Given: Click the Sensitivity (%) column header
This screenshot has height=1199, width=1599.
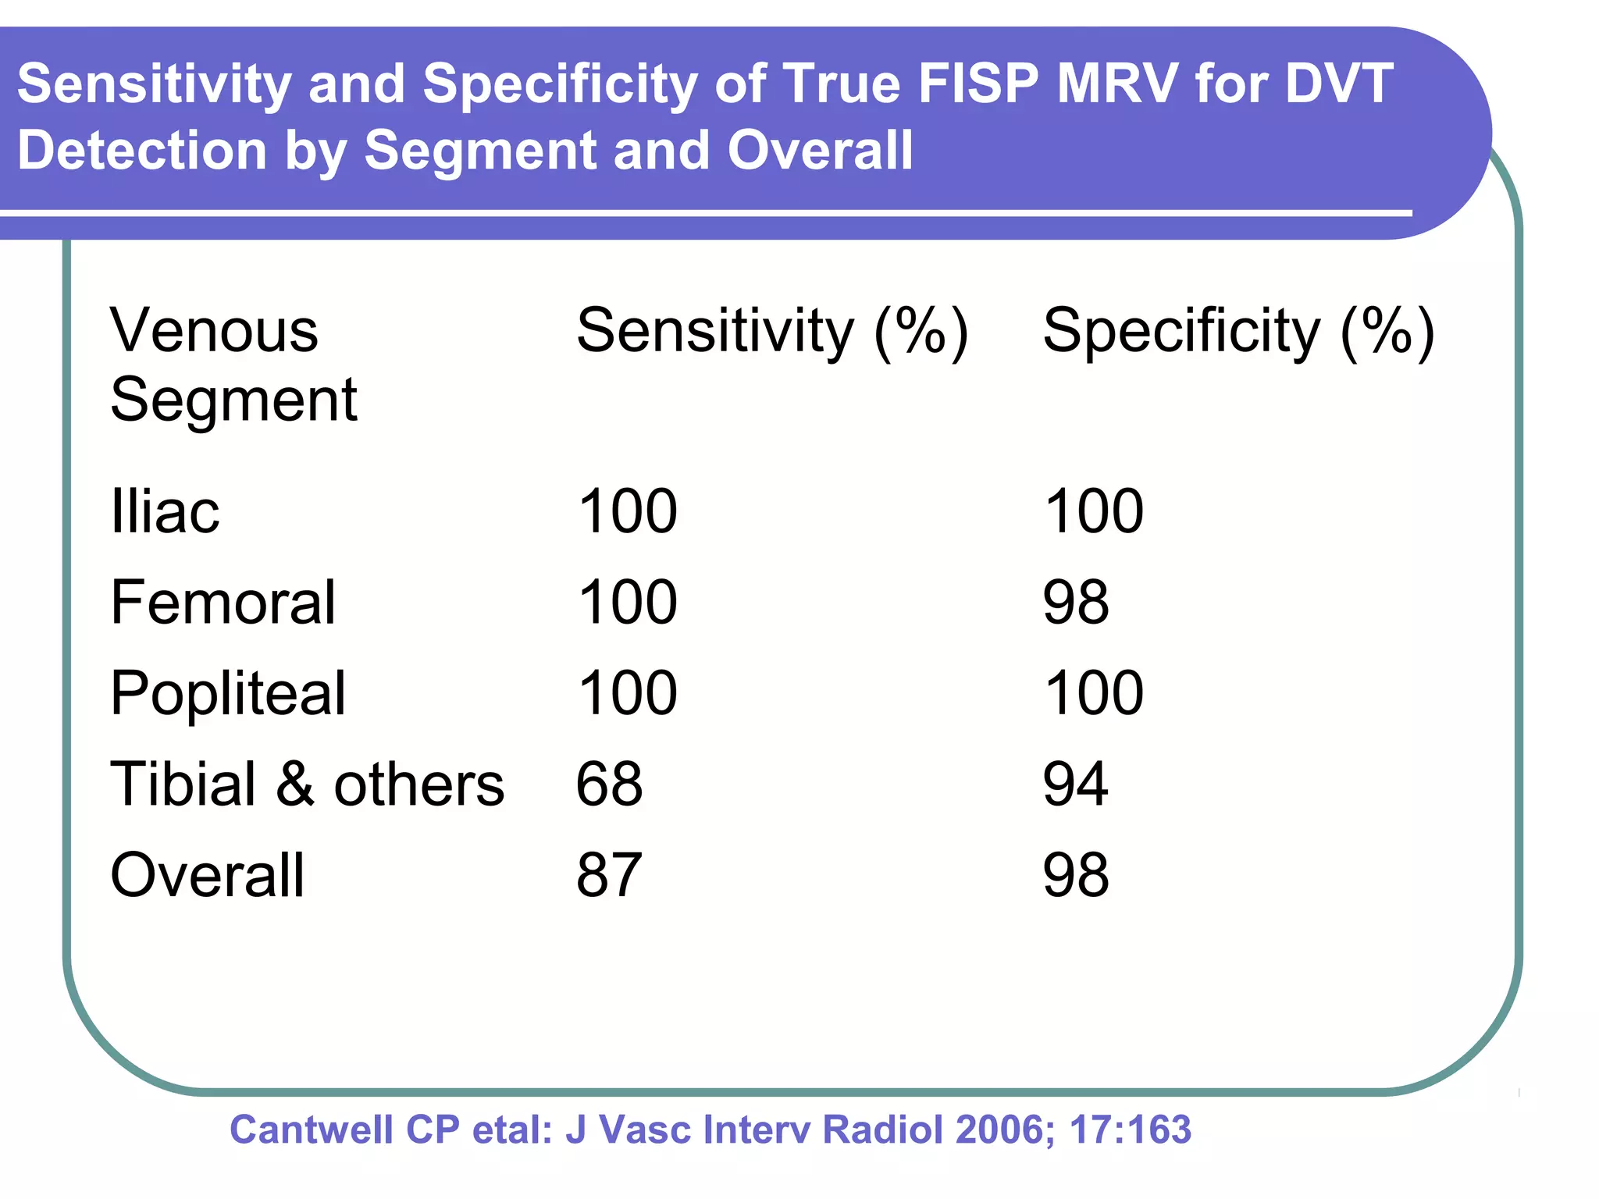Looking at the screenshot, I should click(771, 332).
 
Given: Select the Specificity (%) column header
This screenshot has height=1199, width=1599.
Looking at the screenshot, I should click(1238, 332).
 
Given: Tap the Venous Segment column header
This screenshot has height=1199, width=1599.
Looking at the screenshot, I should click(233, 365).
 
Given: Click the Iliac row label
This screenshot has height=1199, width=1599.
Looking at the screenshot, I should click(165, 511).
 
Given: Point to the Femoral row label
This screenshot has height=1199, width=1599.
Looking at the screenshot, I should click(223, 603).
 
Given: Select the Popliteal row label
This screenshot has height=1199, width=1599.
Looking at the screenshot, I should click(227, 693).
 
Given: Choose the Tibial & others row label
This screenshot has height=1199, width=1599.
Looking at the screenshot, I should click(307, 784).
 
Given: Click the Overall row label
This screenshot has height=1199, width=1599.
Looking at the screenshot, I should click(207, 875).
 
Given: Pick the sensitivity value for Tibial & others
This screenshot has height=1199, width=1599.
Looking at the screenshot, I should click(609, 784).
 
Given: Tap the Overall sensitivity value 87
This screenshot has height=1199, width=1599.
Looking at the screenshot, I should click(609, 875).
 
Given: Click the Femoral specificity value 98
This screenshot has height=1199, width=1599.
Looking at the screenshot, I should click(1075, 603).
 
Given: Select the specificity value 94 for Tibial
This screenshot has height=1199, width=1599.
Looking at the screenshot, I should click(1075, 784).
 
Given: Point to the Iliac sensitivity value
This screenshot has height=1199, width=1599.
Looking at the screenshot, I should click(627, 511).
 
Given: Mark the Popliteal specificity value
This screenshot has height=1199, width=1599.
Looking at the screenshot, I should click(1093, 693).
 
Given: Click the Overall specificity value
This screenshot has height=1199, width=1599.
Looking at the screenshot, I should click(1075, 875).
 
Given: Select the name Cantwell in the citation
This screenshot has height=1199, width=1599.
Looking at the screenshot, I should click(312, 1130).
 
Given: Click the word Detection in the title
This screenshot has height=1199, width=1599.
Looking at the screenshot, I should click(141, 150).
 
